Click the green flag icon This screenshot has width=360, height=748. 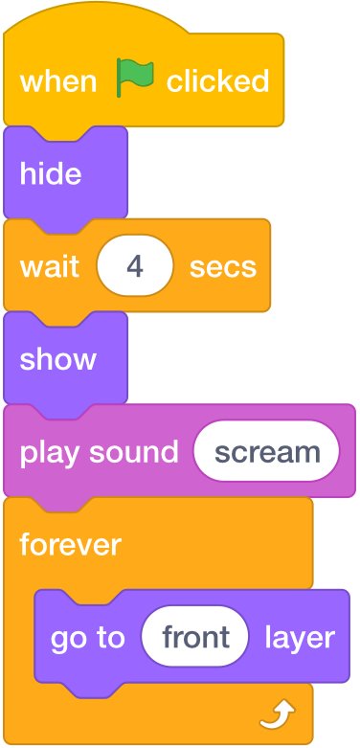(x=134, y=78)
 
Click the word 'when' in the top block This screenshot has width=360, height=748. (x=58, y=81)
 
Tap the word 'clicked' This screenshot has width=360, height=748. (x=217, y=81)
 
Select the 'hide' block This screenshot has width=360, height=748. (x=51, y=174)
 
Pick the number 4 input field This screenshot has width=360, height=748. (x=135, y=266)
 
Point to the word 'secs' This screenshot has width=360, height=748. (x=223, y=266)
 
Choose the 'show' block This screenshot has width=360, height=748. (x=57, y=359)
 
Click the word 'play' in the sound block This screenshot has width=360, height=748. (x=49, y=452)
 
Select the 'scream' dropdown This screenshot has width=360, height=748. (x=266, y=452)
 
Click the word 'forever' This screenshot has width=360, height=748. (x=71, y=545)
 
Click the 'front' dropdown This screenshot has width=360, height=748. (x=195, y=637)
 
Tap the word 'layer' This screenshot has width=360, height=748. (x=300, y=637)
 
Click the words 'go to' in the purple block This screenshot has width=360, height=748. (x=88, y=637)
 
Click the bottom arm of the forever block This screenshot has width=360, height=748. (x=144, y=714)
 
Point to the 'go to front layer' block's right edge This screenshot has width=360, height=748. (x=347, y=637)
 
